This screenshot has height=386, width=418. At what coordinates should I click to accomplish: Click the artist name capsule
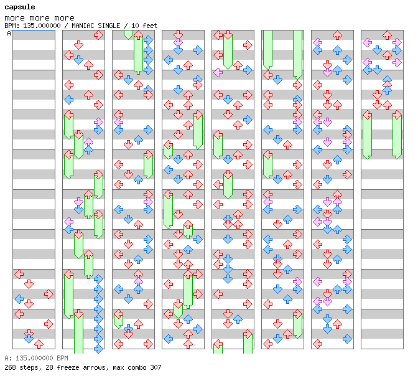tap(20, 7)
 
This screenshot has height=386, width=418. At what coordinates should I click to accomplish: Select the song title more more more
tap(39, 18)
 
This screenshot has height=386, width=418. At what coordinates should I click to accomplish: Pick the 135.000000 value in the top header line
tap(42, 26)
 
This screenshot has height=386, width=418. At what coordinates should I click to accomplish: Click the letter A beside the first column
tap(9, 33)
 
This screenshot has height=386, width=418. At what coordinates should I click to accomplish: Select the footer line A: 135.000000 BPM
tap(36, 358)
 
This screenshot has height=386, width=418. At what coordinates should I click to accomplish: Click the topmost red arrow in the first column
tap(19, 274)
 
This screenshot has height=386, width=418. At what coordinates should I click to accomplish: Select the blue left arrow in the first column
tap(19, 299)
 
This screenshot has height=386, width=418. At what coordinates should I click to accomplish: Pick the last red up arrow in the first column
tap(39, 344)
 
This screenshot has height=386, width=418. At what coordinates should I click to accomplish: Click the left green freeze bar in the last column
tap(367, 136)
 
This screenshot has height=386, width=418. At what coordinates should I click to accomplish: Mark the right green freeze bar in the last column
tap(397, 136)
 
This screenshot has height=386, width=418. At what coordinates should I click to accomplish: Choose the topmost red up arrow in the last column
tap(387, 35)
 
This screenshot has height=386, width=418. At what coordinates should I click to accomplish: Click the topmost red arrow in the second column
tap(98, 35)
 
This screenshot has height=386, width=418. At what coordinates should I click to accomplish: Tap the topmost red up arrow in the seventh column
tap(337, 35)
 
